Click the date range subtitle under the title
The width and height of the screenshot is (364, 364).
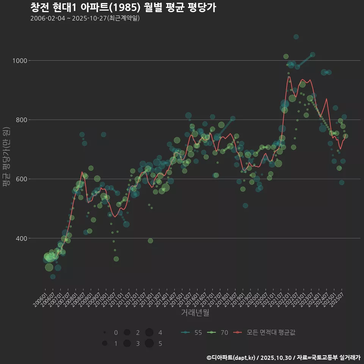(85, 18)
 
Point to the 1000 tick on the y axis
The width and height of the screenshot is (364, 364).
(19, 61)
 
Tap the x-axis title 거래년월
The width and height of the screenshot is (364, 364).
(195, 312)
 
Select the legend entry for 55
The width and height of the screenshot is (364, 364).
(191, 333)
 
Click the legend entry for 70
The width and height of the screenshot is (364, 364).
(218, 333)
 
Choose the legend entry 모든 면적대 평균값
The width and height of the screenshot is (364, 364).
(265, 333)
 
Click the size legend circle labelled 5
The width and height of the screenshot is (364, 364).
(149, 344)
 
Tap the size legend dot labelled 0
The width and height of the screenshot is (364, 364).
(104, 333)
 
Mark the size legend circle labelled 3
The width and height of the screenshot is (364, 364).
(127, 344)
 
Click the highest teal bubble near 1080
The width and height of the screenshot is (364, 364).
(296, 37)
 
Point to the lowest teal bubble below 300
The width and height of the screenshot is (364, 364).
(53, 277)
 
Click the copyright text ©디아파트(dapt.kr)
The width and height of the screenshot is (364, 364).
(231, 358)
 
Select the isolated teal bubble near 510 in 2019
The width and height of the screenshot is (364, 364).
(245, 206)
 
